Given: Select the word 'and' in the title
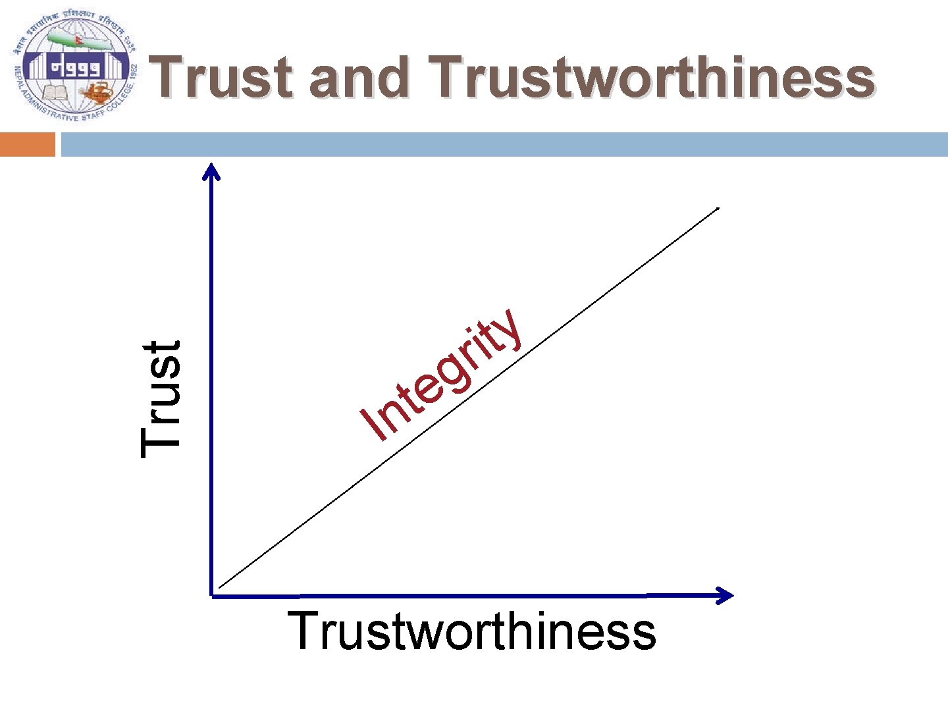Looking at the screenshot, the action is tap(359, 78).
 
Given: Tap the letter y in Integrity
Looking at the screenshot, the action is tap(507, 329).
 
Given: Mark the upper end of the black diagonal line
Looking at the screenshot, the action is tap(718, 209).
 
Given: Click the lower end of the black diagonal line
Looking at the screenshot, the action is tap(220, 587).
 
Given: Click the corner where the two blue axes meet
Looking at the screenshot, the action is tap(212, 595).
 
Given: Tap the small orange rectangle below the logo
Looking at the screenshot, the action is tap(27, 144).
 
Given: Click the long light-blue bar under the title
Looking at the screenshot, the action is tap(504, 144).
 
